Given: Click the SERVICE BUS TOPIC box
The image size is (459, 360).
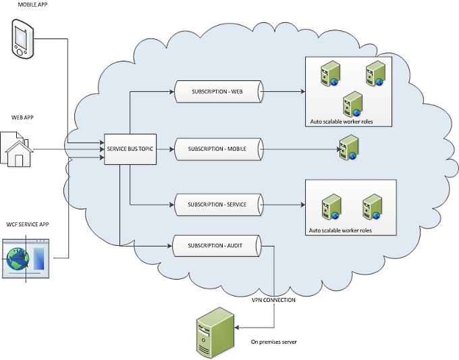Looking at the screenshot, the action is click(130, 149).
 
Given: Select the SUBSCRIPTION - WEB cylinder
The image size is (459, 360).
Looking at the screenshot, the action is click(219, 92).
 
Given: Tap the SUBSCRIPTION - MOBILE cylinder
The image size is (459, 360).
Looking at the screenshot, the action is click(219, 149).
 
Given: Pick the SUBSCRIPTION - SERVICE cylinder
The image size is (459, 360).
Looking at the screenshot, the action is click(219, 205).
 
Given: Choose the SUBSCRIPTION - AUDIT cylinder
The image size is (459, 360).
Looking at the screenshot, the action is click(217, 246).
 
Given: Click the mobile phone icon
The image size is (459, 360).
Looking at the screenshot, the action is click(23, 38).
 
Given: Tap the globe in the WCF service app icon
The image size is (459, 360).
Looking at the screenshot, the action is click(18, 259).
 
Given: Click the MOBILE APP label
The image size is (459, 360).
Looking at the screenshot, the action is click(32, 5).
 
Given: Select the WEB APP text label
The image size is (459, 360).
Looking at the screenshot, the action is click(22, 118).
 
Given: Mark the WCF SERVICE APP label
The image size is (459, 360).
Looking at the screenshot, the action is click(28, 224).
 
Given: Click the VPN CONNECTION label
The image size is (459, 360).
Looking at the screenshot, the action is click(273, 300).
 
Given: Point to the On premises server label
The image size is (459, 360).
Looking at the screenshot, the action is click(273, 342).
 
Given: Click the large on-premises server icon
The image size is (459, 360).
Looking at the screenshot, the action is click(215, 333).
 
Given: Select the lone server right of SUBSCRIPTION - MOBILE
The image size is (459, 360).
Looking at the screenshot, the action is click(349, 147).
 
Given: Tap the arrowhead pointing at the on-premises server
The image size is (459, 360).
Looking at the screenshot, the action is click(237, 328).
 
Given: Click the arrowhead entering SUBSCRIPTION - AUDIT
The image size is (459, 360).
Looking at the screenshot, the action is click(169, 246).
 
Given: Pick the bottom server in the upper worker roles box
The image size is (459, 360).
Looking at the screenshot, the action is click(353, 104).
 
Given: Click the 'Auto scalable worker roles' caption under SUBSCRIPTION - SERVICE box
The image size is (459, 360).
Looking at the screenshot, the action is click(340, 230).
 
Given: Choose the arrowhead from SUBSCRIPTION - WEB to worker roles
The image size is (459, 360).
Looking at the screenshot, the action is click(302, 92).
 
